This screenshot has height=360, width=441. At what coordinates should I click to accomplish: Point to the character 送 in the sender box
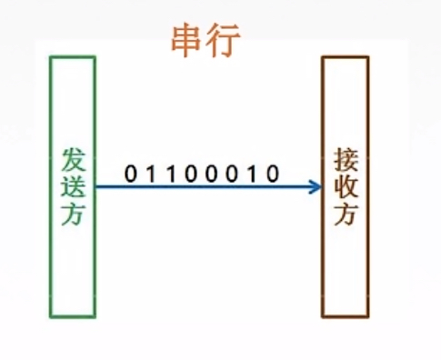73,186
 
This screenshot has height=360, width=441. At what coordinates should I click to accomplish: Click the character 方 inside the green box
73,215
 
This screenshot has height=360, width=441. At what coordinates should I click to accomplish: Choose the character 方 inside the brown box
346,216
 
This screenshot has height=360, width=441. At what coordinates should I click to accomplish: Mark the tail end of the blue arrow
97,187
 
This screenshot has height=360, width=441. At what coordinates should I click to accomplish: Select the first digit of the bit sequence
129,171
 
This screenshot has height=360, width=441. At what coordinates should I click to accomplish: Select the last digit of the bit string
271,171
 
